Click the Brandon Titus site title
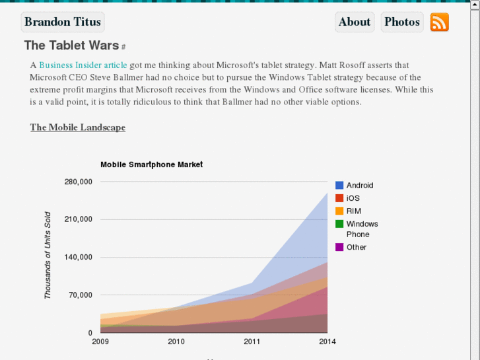point(63,22)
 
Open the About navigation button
point(355,22)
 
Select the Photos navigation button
point(402,22)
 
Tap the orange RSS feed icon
point(439,22)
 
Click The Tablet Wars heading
point(71,45)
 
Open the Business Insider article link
point(83,65)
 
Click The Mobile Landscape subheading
point(77,127)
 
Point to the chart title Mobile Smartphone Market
point(151,164)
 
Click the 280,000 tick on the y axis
point(78,182)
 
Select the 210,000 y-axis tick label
point(78,219)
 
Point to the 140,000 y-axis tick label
point(78,257)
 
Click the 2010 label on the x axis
point(176,342)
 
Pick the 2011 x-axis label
point(252,342)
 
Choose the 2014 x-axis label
point(327,342)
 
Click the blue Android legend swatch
point(339,186)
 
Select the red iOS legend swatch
point(339,198)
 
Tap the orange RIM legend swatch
point(339,211)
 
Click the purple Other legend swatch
point(339,247)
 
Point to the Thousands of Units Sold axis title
point(48,255)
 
